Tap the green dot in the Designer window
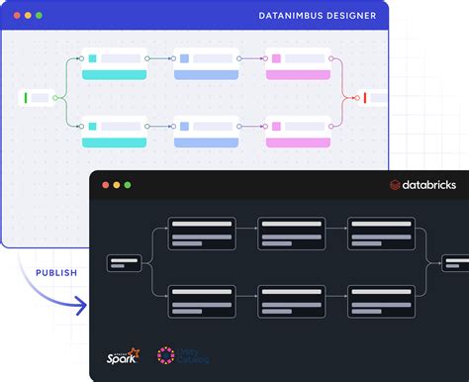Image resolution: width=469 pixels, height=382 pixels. coord(39,16)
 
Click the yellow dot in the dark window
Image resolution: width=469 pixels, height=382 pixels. coord(115,185)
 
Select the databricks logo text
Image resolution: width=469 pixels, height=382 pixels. coord(427,185)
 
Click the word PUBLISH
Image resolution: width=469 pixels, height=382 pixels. coord(56,272)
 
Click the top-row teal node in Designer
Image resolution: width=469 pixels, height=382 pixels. coord(115,64)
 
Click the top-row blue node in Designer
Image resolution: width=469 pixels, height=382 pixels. coord(206,64)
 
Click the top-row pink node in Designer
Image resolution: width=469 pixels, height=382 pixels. coord(298,64)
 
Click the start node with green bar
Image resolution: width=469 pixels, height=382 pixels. coord(39,97)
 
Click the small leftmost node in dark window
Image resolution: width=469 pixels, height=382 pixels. coord(125,263)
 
